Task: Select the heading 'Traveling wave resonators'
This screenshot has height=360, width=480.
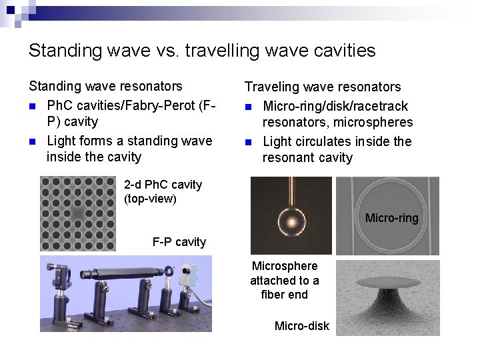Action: pos(323,87)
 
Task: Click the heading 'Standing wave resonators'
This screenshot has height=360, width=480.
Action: pos(105,86)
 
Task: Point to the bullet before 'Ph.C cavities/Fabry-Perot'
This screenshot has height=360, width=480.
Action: pos(33,106)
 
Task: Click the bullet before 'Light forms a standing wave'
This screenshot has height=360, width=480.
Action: pos(33,141)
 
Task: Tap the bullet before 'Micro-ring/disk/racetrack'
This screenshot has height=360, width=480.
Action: pos(249,107)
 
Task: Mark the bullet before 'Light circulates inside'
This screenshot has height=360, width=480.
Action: pos(249,142)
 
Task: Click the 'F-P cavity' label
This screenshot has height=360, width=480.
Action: pos(179,242)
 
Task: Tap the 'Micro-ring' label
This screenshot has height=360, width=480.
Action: pos(391,218)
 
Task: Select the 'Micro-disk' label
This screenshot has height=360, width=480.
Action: pos(301,326)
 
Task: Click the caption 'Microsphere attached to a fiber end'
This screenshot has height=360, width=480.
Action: pos(285,280)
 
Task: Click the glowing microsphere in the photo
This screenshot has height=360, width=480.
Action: pos(291,221)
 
